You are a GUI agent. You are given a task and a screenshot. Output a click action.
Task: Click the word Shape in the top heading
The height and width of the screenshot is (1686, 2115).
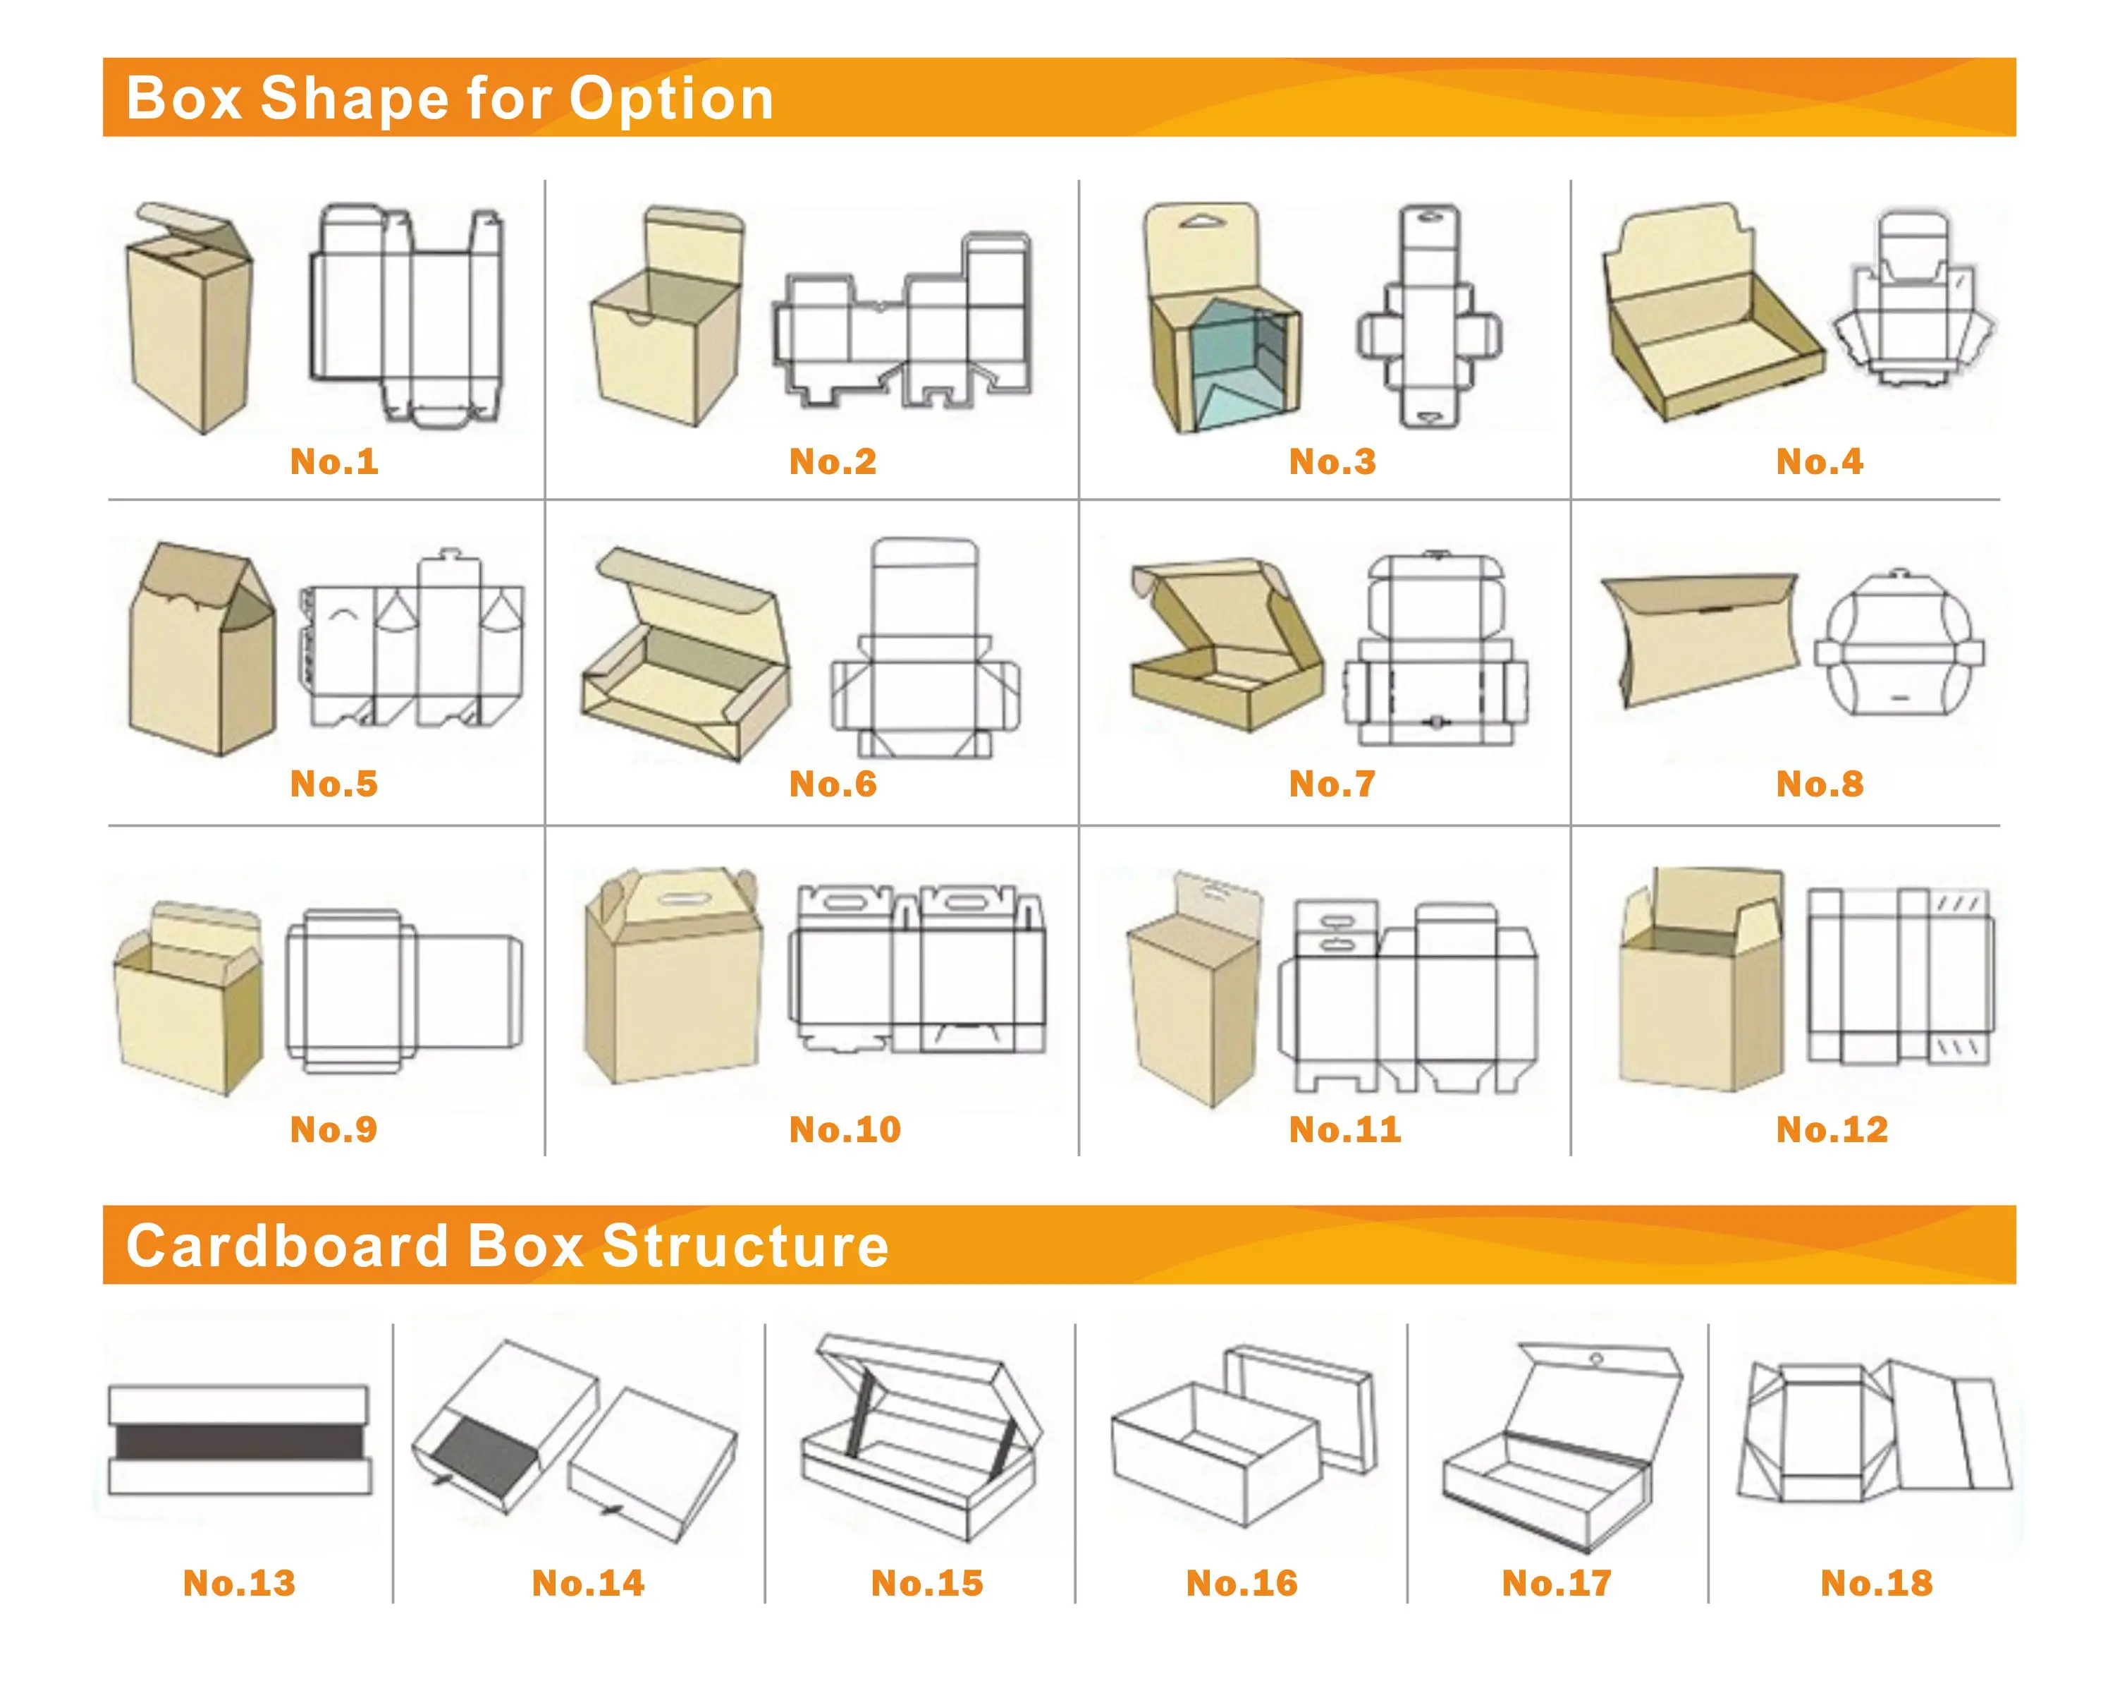pyautogui.click(x=353, y=99)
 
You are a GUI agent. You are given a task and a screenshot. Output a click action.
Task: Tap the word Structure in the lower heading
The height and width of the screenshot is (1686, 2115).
pyautogui.click(x=744, y=1247)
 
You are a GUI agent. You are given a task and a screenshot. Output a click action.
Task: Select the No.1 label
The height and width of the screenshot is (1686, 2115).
pyautogui.click(x=333, y=461)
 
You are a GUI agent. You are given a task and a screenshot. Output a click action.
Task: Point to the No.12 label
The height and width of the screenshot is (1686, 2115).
pyautogui.click(x=1830, y=1129)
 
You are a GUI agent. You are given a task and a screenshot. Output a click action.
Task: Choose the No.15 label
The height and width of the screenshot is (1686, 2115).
pyautogui.click(x=926, y=1582)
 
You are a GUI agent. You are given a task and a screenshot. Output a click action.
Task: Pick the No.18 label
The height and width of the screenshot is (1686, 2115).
pyautogui.click(x=1875, y=1582)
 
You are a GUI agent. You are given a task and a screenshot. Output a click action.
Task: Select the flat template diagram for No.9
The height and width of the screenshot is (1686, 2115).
pyautogui.click(x=403, y=991)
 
